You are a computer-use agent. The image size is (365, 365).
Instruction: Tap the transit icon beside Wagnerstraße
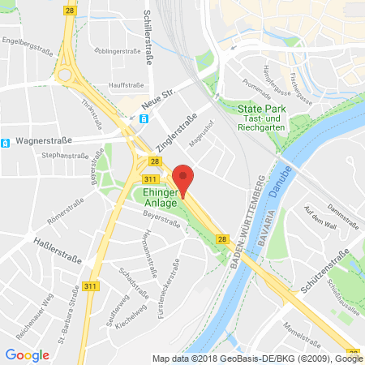(5, 144)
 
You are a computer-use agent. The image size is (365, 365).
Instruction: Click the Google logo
(27, 354)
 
